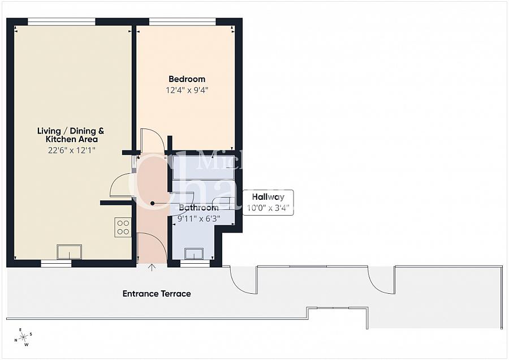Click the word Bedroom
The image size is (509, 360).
[187, 79]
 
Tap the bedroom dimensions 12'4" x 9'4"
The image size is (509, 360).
[187, 89]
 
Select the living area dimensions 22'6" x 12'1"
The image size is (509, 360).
[71, 150]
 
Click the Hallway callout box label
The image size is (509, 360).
[268, 197]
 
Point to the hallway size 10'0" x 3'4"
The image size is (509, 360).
[268, 208]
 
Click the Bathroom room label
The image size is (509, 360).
[198, 208]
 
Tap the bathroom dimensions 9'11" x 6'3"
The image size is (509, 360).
[198, 218]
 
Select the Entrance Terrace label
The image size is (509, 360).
[157, 294]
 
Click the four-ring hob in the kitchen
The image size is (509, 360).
[123, 227]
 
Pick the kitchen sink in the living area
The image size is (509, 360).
[69, 251]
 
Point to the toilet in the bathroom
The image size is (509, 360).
[224, 202]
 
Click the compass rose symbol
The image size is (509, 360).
[23, 337]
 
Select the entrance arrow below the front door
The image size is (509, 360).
[152, 267]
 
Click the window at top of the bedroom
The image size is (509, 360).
[182, 22]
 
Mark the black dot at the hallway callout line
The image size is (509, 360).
[152, 203]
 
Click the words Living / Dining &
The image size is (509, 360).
[71, 131]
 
